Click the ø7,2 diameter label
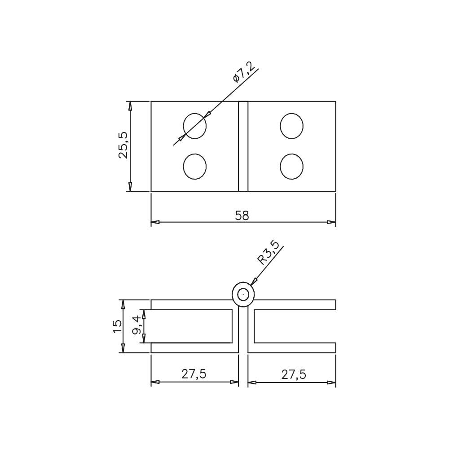pyautogui.click(x=244, y=72)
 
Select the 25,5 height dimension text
pyautogui.click(x=124, y=145)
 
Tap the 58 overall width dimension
pyautogui.click(x=242, y=216)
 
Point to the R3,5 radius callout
pyautogui.click(x=268, y=253)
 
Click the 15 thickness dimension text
pyautogui.click(x=117, y=326)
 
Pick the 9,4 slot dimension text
pyautogui.click(x=136, y=325)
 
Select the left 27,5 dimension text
pyautogui.click(x=194, y=374)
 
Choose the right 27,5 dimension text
pyautogui.click(x=294, y=374)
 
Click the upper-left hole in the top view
pyautogui.click(x=195, y=126)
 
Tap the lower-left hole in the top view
pyautogui.click(x=195, y=167)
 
